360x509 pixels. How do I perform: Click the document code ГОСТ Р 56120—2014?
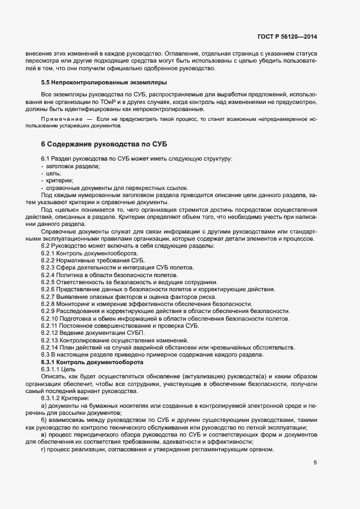tap(287, 37)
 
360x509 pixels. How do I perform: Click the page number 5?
tap(315, 463)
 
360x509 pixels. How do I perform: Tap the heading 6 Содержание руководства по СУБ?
tap(103, 144)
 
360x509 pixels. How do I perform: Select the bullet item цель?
tap(53, 173)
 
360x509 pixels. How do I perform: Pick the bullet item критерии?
tap(57, 180)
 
